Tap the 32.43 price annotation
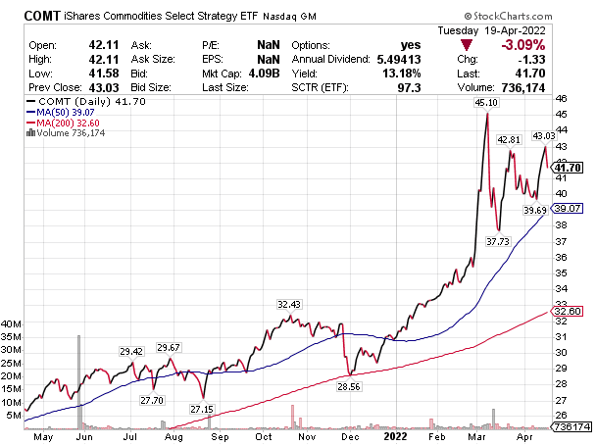pos(288,304)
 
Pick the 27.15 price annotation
pos(202,409)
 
